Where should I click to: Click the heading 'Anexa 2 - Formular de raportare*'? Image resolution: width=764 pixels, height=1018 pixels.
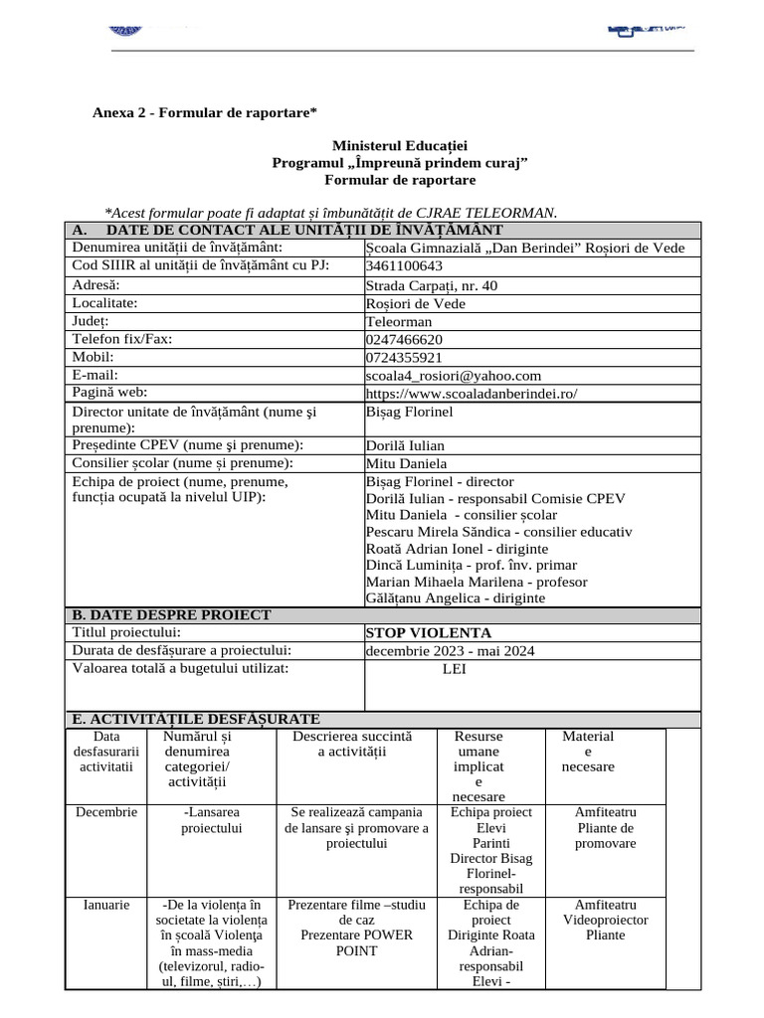[x=205, y=112]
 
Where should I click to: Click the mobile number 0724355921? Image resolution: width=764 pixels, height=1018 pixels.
[x=404, y=358]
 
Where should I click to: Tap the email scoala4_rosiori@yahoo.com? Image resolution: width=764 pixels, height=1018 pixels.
[x=454, y=376]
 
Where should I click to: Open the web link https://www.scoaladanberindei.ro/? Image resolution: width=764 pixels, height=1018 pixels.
[x=472, y=394]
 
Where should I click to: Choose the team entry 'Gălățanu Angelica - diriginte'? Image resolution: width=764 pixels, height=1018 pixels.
[x=456, y=598]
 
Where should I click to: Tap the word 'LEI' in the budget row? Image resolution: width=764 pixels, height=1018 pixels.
[x=454, y=669]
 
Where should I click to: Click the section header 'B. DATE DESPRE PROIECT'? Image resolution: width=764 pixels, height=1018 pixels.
[x=171, y=615]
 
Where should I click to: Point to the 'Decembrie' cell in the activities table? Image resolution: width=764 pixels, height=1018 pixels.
[x=107, y=812]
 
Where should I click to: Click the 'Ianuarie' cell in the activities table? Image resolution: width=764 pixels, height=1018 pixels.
[x=106, y=905]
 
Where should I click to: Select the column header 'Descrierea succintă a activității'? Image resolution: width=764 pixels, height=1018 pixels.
[x=351, y=745]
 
